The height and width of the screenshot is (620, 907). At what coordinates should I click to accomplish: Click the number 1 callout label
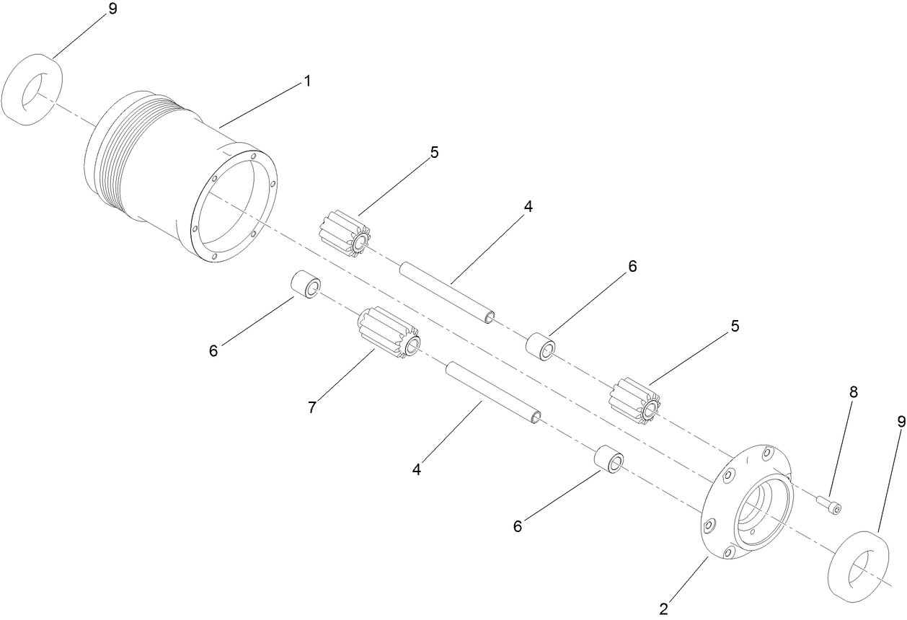pos(307,81)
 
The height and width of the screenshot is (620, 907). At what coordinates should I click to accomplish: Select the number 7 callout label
pos(311,407)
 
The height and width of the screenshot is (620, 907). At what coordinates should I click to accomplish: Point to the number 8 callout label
pos(854,392)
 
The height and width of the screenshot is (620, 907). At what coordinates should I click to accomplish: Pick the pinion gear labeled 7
pos(387,333)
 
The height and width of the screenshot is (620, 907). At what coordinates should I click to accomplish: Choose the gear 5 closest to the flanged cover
pos(634,400)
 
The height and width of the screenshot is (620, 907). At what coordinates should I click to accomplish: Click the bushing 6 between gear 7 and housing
pos(305,285)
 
